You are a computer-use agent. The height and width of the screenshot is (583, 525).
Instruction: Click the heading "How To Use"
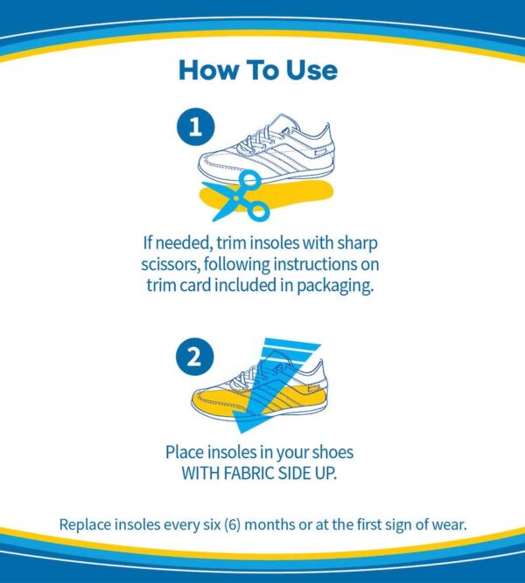258,70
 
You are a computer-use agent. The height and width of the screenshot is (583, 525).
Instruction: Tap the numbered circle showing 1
195,127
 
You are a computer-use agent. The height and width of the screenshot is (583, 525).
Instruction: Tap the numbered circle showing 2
195,357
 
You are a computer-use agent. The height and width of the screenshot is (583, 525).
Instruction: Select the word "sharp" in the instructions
358,244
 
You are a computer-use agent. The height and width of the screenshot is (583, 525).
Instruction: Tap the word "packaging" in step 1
335,287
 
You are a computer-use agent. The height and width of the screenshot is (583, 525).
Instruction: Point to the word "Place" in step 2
184,452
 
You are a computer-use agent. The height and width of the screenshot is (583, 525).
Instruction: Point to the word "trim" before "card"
161,286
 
